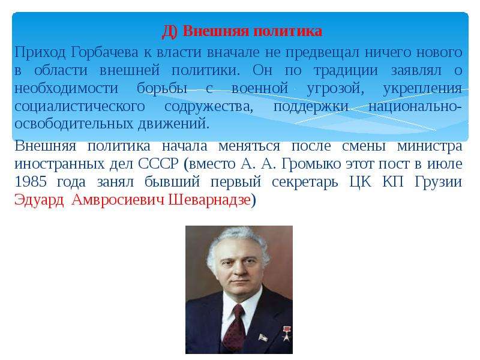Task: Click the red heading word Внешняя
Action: point(216,31)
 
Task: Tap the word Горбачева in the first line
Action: point(104,53)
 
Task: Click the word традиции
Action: point(346,71)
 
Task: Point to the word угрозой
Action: point(335,89)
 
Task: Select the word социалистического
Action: point(80,106)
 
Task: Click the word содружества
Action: point(209,106)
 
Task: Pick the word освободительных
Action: point(74,124)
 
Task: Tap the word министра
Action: point(430,146)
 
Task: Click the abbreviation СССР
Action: point(158,164)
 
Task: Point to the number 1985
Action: point(31,182)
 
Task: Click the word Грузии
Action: point(439,182)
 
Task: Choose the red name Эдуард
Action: point(39,200)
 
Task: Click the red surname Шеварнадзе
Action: point(209,200)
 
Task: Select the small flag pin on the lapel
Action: point(263,338)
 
